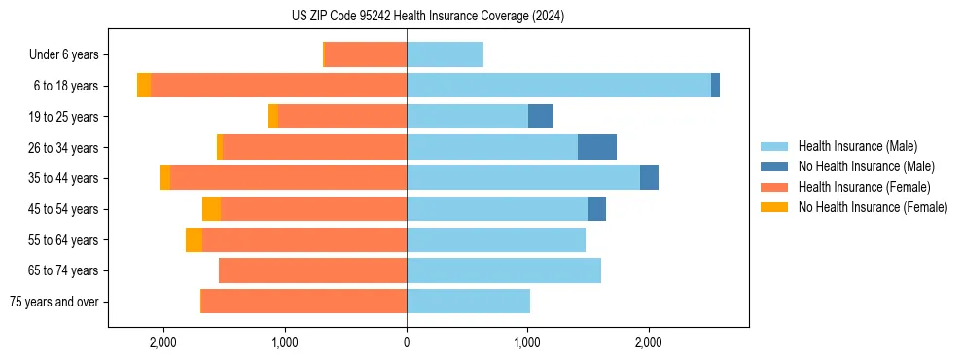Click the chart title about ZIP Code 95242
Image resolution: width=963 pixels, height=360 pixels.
[428, 16]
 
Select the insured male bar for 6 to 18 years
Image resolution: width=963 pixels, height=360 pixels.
[558, 86]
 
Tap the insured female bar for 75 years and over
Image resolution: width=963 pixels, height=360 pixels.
[303, 302]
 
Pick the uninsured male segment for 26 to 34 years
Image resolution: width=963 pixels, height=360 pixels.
[597, 147]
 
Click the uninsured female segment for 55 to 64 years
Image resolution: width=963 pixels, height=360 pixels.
[194, 239]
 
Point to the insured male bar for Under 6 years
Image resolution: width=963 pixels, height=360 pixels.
[445, 54]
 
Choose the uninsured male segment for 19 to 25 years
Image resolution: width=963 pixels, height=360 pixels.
[540, 117]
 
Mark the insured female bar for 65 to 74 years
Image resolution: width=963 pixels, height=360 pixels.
[312, 270]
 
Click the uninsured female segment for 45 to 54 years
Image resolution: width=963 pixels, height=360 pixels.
[211, 209]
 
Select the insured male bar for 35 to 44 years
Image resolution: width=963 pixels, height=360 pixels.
[523, 178]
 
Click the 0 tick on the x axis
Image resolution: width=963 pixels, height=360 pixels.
[407, 342]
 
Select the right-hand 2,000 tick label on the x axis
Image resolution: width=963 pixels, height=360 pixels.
[649, 342]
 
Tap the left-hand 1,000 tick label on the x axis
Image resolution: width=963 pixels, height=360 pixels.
[285, 342]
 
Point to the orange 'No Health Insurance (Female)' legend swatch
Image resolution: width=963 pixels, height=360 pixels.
[775, 207]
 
